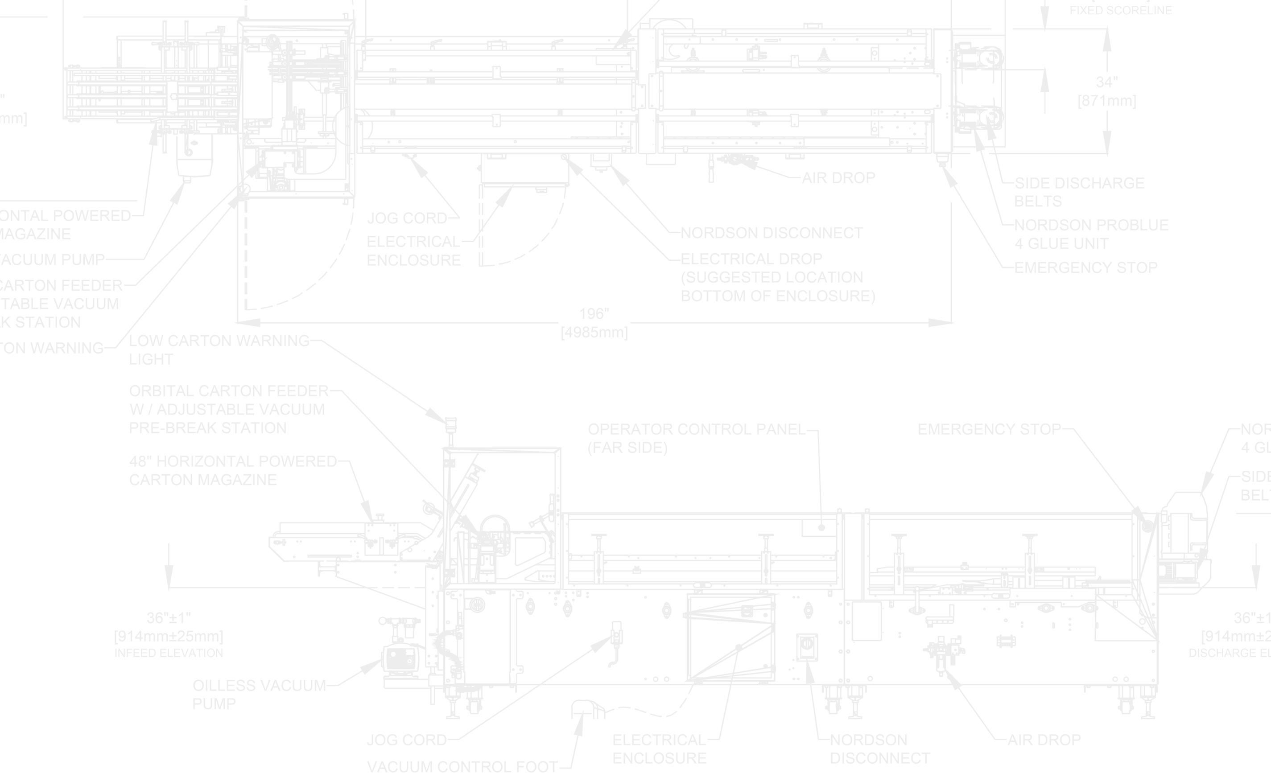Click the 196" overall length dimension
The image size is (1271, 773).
594,313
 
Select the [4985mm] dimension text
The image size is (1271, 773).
594,333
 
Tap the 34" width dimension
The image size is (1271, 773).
1106,82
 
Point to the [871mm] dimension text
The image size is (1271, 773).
1106,101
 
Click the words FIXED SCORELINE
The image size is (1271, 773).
1120,11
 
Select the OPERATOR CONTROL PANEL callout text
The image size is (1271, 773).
696,429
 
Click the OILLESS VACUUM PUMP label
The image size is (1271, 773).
259,686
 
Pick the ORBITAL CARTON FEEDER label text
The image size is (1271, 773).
228,391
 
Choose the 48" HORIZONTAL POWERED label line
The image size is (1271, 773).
233,461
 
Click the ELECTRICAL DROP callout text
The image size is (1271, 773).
751,259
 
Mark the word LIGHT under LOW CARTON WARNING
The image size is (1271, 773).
151,359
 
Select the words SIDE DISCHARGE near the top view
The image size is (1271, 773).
1079,183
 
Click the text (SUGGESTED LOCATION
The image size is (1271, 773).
772,277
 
